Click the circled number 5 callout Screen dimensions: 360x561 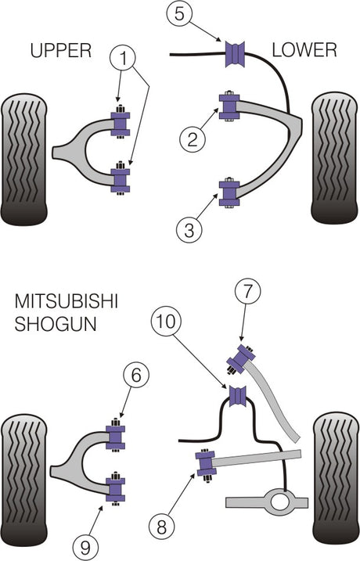click(179, 13)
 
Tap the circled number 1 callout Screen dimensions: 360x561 click(123, 59)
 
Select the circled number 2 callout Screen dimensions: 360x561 click(193, 138)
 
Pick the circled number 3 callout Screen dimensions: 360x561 click(189, 230)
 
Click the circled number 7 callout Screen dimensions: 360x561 click(247, 291)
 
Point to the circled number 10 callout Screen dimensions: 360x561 click(166, 322)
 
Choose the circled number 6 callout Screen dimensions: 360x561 click(135, 376)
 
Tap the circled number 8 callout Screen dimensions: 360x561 click(161, 527)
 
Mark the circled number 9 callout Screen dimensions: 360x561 click(85, 548)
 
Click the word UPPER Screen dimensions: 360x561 click(61, 50)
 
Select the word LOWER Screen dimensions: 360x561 click(304, 50)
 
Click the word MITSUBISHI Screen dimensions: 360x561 click(67, 301)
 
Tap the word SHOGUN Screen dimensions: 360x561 click(56, 324)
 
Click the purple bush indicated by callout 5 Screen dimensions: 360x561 click(236, 55)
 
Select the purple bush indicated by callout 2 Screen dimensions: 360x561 click(229, 106)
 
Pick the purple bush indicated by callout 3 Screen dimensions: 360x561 click(229, 193)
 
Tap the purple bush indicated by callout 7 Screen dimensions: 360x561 click(241, 359)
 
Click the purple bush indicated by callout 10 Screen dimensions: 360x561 click(238, 397)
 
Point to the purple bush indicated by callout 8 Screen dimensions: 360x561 click(205, 464)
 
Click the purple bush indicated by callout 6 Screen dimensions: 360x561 click(116, 437)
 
